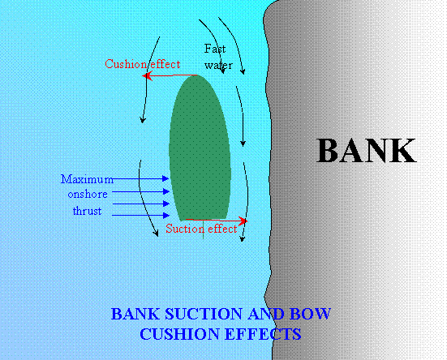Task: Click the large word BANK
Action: (x=366, y=150)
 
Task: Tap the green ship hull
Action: (x=200, y=148)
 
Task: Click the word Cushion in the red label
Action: (x=127, y=64)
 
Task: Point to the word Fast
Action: (x=215, y=49)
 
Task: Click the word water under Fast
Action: (x=218, y=66)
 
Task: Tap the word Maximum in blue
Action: (x=87, y=179)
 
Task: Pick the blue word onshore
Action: (x=88, y=195)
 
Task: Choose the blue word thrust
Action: (x=88, y=211)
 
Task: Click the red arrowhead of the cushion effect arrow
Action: (x=146, y=75)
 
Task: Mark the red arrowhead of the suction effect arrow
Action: (x=243, y=221)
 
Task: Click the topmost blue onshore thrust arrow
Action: (x=137, y=178)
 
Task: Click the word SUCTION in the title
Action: (x=204, y=314)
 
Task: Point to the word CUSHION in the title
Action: (x=179, y=334)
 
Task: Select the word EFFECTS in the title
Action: (x=263, y=334)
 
